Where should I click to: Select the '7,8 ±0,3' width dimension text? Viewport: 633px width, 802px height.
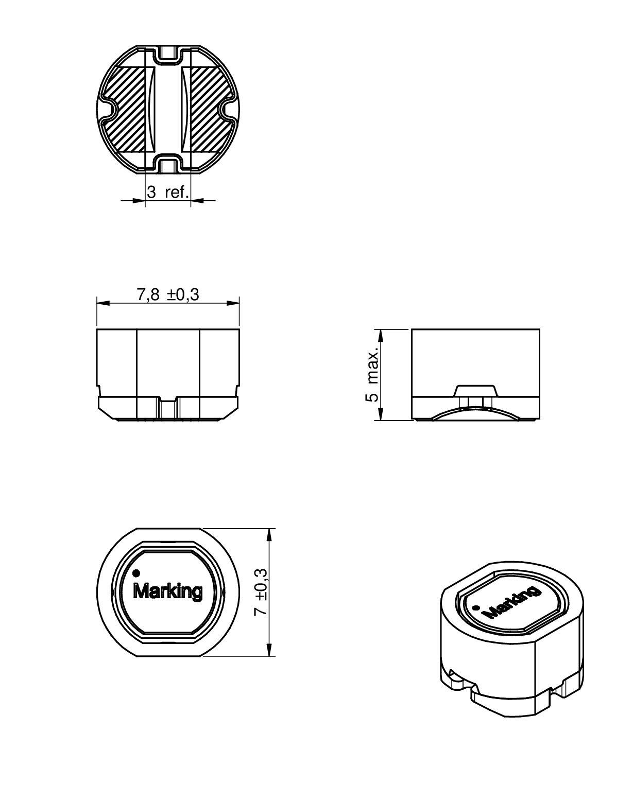(168, 294)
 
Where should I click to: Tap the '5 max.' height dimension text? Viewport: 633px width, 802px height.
(372, 374)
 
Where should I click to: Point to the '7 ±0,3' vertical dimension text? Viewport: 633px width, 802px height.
(261, 592)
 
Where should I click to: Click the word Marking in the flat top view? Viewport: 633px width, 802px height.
(168, 591)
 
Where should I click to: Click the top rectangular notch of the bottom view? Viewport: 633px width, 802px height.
(168, 54)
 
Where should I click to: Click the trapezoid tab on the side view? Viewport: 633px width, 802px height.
(475, 390)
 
